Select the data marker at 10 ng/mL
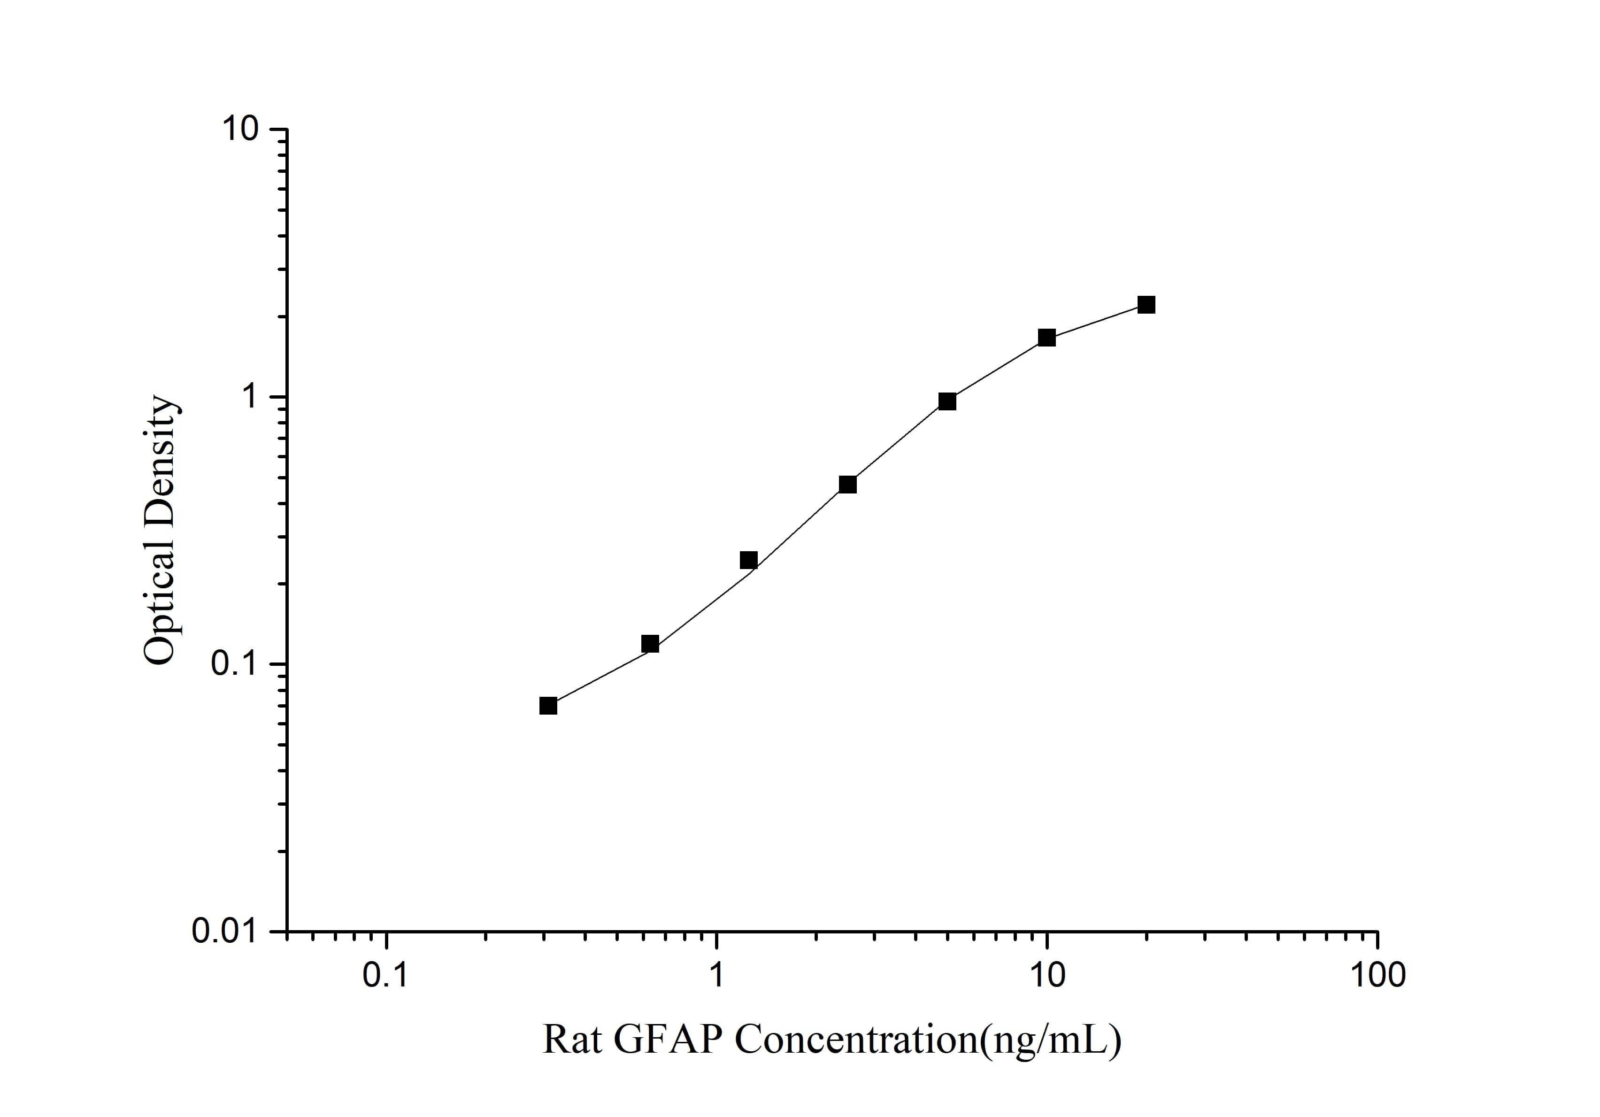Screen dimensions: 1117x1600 point(1046,338)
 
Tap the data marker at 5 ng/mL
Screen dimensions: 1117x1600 point(947,401)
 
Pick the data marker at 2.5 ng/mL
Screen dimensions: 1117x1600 point(847,484)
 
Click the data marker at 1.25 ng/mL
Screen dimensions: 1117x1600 point(748,560)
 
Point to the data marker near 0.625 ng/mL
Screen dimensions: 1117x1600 point(649,644)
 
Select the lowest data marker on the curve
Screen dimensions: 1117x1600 point(548,706)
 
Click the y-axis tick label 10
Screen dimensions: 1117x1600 point(240,130)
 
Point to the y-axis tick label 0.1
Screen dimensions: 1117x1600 point(235,663)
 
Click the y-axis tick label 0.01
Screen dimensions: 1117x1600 point(225,931)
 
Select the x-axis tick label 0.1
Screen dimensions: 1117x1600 point(385,976)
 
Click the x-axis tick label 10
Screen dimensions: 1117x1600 point(1046,976)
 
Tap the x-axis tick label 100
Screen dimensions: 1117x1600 point(1377,976)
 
